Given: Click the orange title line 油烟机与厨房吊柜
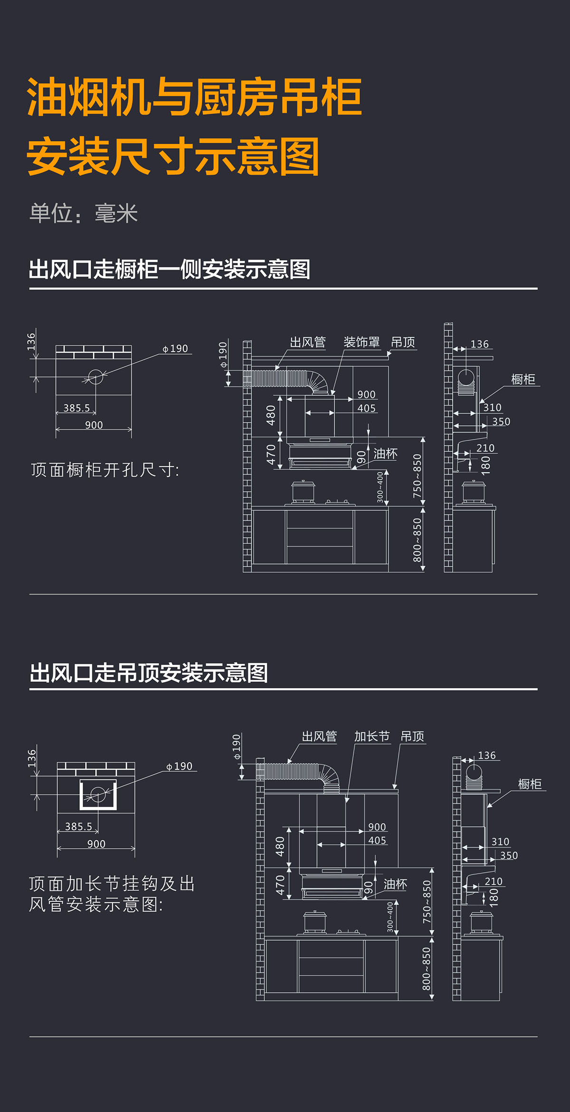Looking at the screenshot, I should [195, 98].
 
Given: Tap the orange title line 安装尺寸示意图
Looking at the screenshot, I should [173, 157].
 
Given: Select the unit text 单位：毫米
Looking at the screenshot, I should [84, 214].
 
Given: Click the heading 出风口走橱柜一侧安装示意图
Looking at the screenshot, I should [170, 270].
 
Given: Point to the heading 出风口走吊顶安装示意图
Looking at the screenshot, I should [149, 673].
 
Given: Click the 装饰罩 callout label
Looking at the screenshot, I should [361, 342].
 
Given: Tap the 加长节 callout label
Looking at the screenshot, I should [372, 736].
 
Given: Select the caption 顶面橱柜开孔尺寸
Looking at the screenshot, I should [105, 470].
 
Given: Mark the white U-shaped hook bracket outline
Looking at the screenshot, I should [98, 794].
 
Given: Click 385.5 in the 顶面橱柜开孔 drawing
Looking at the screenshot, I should [76, 408].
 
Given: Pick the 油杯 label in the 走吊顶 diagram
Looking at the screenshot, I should [395, 884].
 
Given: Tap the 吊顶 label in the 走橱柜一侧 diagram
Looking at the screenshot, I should [403, 342].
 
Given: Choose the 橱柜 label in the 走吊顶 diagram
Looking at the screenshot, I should [530, 784].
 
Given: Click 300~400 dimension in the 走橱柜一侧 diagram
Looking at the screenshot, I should [380, 487].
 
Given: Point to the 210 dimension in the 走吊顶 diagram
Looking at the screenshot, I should [494, 881].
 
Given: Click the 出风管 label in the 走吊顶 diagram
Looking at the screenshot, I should [319, 736].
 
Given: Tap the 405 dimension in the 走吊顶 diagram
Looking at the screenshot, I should [377, 840].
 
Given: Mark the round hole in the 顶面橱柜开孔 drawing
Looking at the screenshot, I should [95, 377].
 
